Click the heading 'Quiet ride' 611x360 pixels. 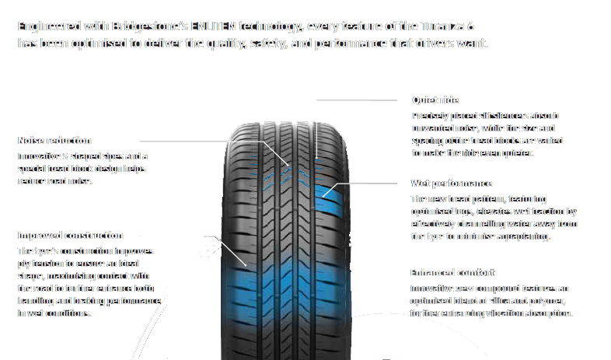pos(435,100)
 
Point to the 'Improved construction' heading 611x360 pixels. pos(70,235)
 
